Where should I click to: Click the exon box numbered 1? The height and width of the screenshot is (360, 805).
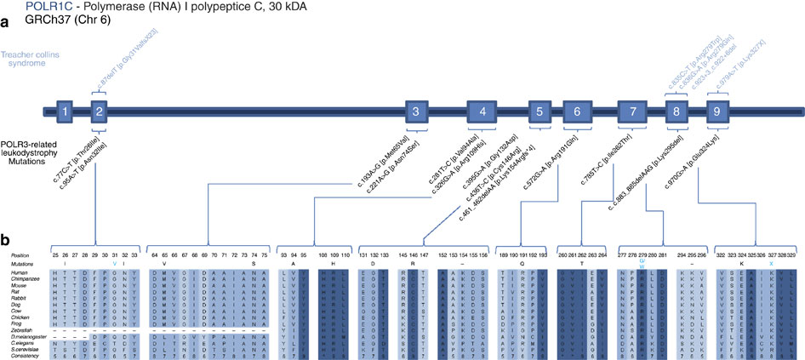[x=64, y=111]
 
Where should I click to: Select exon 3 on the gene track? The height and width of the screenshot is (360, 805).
[x=414, y=111]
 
